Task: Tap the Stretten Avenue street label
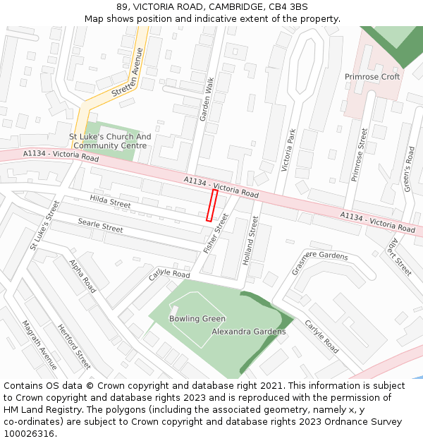(139, 71)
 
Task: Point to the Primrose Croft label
(372, 77)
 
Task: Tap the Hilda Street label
(110, 203)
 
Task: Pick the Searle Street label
(101, 226)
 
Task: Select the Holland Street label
(250, 241)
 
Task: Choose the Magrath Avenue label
(39, 344)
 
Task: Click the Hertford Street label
(74, 346)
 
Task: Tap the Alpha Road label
(83, 276)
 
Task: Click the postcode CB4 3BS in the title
(288, 7)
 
